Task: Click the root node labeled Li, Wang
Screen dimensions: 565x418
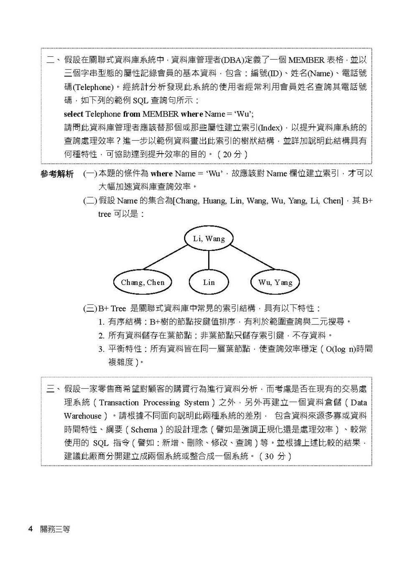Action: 209,238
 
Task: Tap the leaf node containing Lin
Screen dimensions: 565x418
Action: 209,282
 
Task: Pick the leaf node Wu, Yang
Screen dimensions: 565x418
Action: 275,282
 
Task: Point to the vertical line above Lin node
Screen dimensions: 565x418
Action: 209,260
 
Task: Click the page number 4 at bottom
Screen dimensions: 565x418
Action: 30,529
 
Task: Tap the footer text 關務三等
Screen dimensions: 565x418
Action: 55,529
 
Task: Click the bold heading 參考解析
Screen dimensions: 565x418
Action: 57,174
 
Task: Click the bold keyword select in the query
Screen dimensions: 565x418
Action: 74,114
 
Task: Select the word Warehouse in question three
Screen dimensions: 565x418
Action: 83,416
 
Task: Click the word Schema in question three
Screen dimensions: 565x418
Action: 144,429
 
